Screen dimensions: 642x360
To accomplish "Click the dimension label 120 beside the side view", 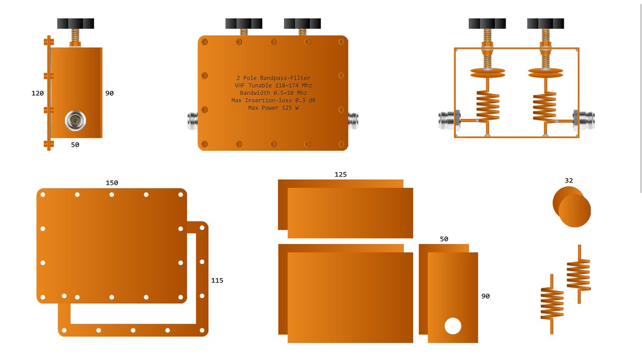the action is point(37,93).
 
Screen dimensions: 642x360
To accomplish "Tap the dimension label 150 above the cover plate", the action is point(112,183).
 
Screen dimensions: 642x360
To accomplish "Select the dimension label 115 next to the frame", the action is point(217,281).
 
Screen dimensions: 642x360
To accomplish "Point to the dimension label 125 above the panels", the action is point(340,174).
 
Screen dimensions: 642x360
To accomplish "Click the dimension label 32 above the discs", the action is point(569,181).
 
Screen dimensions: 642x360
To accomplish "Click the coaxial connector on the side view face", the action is point(75,121).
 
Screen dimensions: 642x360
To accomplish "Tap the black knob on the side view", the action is point(75,24).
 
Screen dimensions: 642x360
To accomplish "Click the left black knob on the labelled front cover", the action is point(243,24).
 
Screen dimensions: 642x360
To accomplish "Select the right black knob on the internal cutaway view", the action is point(545,24).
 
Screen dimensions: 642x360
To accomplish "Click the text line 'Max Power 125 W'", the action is point(273,108).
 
